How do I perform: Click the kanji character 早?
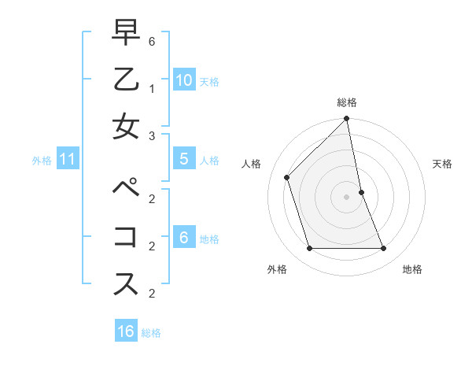(x=126, y=33)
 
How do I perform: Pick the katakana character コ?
(x=126, y=237)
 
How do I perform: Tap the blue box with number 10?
(x=184, y=80)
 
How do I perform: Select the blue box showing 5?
(x=183, y=159)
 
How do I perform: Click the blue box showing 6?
(x=183, y=237)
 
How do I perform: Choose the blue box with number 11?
(x=68, y=159)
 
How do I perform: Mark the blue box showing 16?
(x=126, y=331)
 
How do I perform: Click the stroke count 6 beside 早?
(x=152, y=42)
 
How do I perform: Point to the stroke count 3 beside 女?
(x=152, y=136)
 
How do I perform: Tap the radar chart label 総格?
(x=347, y=102)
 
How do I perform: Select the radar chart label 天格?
(x=442, y=164)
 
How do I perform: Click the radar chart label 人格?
(x=252, y=164)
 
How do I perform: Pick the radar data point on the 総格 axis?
(x=347, y=119)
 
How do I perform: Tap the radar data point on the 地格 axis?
(x=384, y=249)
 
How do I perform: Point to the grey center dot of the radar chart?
(x=347, y=197)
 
